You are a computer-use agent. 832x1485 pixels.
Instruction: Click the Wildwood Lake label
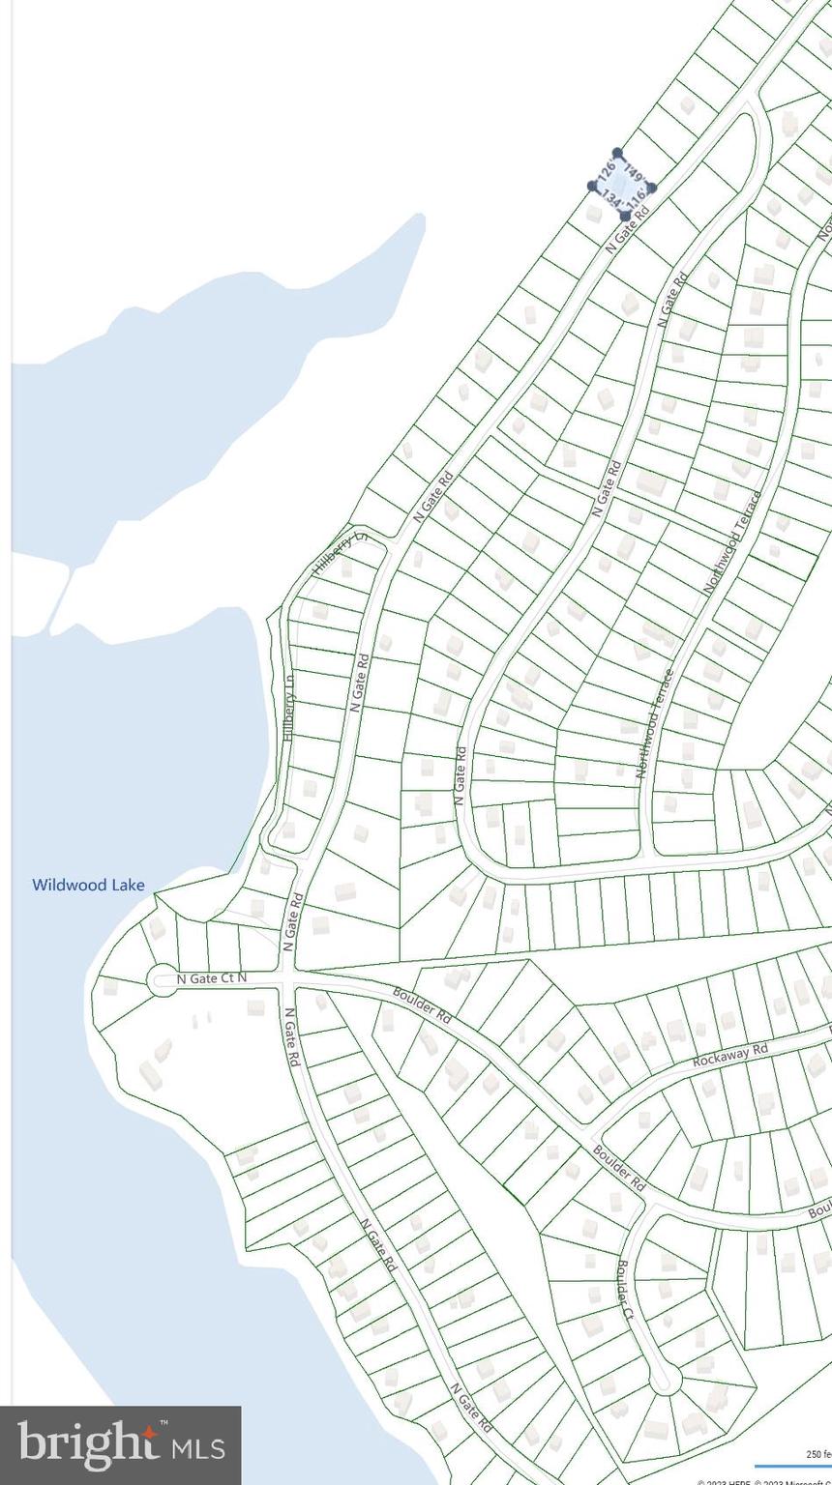pos(88,885)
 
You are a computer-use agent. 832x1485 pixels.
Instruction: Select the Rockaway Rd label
pos(730,1054)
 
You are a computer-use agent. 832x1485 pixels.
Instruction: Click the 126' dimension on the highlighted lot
pos(607,167)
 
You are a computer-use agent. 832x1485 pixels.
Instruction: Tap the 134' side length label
pos(610,197)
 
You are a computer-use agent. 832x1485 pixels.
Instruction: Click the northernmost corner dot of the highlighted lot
pos(617,153)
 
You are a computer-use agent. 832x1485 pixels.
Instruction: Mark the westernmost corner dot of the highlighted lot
pos(592,186)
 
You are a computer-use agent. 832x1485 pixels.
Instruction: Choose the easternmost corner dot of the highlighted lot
pos(651,188)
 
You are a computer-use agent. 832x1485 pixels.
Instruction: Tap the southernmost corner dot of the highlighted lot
pos(625,216)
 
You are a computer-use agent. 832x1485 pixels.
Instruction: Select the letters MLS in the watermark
pos(198,1447)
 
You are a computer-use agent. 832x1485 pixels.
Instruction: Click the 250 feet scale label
pos(817,1454)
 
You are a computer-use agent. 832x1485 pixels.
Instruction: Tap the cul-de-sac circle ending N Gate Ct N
pos(162,980)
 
